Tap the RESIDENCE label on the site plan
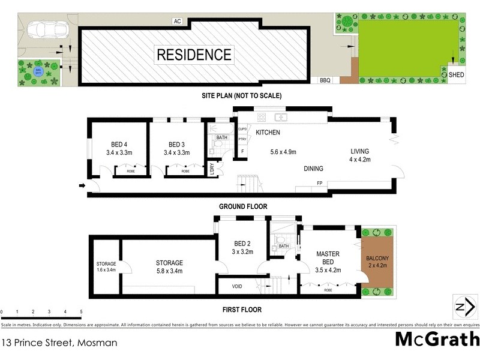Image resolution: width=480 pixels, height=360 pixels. coord(194,55)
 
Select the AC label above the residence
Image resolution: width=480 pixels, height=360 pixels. coord(177,21)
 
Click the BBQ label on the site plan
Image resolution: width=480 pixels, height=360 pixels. coord(325,80)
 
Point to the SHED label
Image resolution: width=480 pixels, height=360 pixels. coord(456,75)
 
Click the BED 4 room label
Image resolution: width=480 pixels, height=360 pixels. coord(119,144)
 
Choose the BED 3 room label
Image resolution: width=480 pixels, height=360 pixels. coord(176,144)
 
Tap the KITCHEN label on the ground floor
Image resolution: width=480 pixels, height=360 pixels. coord(268,132)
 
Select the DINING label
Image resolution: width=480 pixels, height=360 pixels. coord(313,169)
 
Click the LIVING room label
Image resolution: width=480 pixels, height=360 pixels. coord(359,151)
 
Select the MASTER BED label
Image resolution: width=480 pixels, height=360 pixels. coord(328,257)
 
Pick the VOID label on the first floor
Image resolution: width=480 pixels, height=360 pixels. coord(237,287)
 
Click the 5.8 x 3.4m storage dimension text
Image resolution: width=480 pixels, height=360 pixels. coord(169,271)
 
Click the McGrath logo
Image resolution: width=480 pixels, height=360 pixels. coord(437,339)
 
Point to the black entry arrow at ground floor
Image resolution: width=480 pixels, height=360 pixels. coord(82,186)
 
